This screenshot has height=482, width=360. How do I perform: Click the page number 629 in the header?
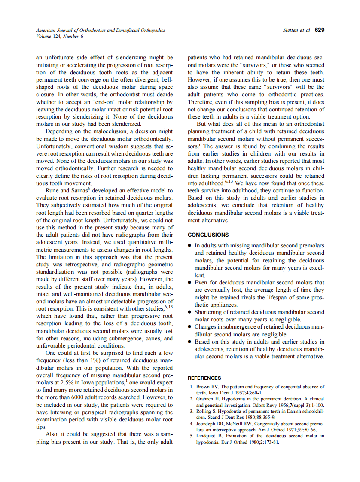(x=319, y=30)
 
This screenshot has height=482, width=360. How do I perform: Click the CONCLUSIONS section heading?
(x=208, y=235)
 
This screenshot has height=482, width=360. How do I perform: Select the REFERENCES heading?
(x=204, y=378)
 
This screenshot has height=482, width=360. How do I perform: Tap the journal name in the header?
(x=100, y=31)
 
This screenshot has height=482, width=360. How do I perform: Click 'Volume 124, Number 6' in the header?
(x=60, y=36)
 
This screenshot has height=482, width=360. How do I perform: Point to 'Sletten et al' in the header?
(x=296, y=30)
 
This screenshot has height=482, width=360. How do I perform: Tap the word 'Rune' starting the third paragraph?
(x=53, y=190)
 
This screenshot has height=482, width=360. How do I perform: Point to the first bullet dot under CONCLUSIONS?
(x=190, y=246)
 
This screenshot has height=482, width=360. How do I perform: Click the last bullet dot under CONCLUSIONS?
(x=190, y=342)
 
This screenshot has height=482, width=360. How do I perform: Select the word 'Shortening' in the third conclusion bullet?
(x=210, y=312)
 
